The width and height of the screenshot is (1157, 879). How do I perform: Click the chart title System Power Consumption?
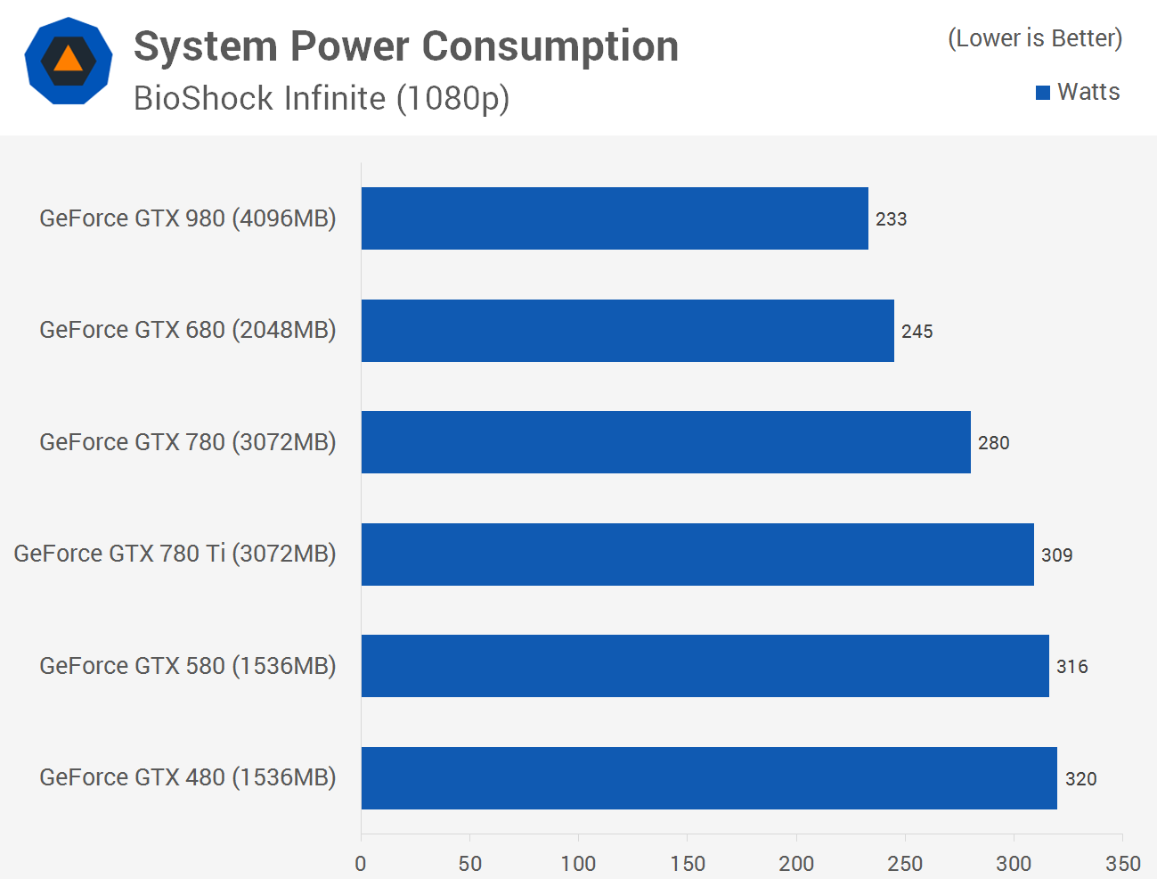click(x=406, y=46)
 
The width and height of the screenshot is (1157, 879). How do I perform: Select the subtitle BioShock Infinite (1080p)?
click(x=321, y=98)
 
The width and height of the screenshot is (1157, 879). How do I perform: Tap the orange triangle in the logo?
click(x=68, y=60)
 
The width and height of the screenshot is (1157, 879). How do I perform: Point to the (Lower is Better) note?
click(x=1035, y=38)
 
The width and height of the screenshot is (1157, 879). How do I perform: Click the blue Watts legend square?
click(x=1043, y=93)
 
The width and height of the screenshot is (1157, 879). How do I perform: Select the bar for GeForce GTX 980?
click(x=615, y=218)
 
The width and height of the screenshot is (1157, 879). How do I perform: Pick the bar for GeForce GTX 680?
click(x=627, y=331)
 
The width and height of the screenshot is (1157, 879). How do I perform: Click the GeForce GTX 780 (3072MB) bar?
click(x=665, y=442)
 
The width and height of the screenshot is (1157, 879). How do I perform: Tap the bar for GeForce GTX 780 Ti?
click(x=697, y=555)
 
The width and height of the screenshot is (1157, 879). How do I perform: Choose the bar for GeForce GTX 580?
click(x=705, y=666)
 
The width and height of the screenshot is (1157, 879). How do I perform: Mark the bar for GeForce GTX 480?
click(x=709, y=778)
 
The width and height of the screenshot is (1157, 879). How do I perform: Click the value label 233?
click(x=891, y=219)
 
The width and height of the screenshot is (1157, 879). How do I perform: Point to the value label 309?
click(x=1056, y=555)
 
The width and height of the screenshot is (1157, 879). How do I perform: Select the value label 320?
click(x=1080, y=779)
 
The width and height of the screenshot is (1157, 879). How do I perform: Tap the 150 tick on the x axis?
click(x=688, y=863)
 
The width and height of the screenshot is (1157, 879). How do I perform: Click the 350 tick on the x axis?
click(x=1122, y=863)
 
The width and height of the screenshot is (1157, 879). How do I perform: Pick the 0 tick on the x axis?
click(x=361, y=863)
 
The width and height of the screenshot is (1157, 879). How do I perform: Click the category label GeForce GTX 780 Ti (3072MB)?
click(x=175, y=554)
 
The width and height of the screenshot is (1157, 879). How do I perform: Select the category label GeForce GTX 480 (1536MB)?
click(x=187, y=777)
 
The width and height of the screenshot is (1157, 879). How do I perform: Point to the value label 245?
click(x=917, y=332)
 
